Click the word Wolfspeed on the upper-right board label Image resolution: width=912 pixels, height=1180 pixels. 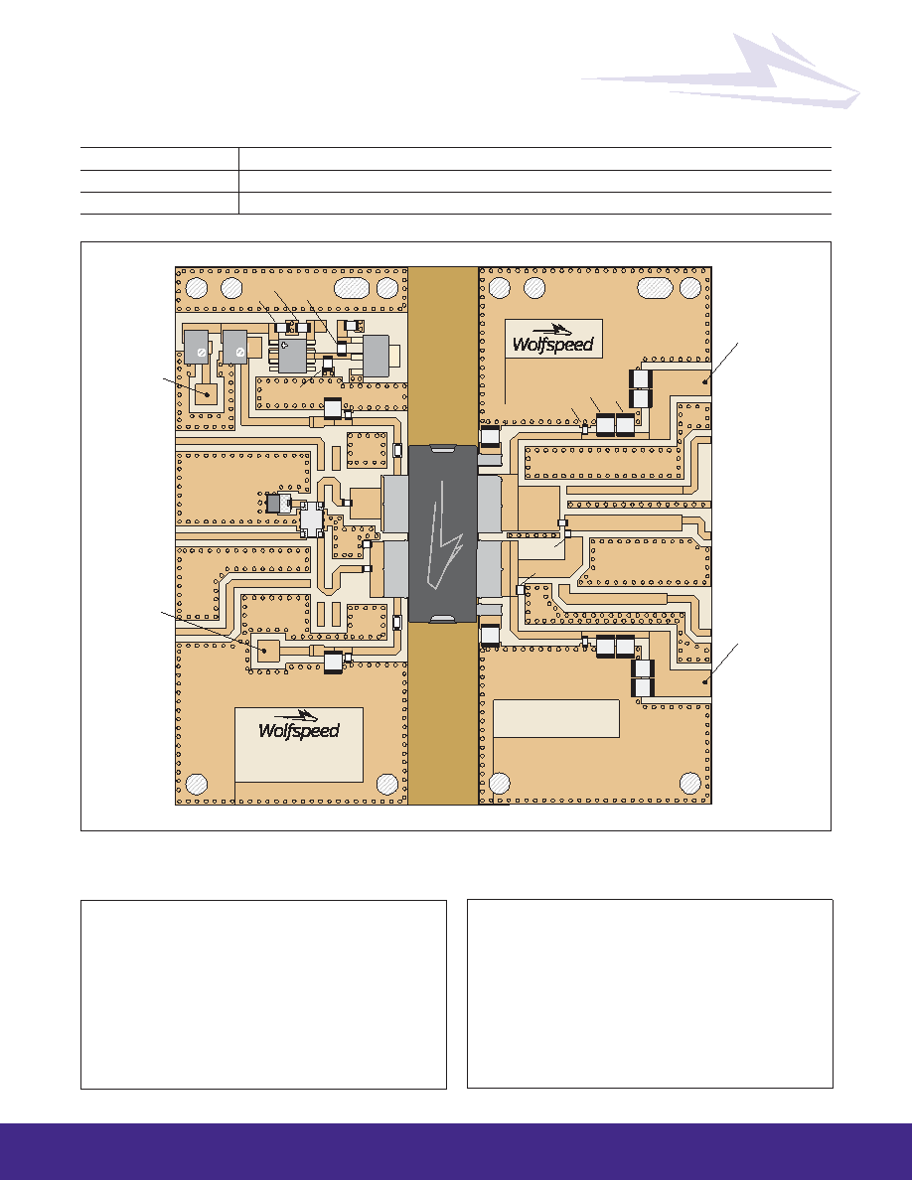coord(553,345)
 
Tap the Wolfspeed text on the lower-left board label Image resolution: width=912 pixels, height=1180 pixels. coord(299,731)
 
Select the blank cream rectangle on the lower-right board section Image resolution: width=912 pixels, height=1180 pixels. coord(556,719)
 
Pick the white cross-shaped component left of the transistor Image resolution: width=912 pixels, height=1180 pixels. coord(311,519)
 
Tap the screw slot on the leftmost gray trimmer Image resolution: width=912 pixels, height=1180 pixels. coord(202,353)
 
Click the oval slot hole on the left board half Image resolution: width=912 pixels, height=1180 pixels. coord(352,288)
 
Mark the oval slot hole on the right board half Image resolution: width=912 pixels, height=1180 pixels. coord(656,288)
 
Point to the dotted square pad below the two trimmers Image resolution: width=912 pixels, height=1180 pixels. coord(207,392)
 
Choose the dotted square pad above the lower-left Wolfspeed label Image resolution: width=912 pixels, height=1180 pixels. coord(267,650)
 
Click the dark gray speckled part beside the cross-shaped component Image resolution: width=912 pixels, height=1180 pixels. coord(279,503)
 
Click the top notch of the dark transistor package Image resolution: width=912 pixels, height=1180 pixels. coord(442,450)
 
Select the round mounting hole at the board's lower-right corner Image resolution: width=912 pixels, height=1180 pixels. coord(690,783)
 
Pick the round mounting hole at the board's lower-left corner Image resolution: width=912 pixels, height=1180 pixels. coord(197,784)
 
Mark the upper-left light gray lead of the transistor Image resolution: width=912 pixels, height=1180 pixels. coord(395,503)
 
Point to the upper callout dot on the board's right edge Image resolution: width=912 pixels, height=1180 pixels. coord(705,381)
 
